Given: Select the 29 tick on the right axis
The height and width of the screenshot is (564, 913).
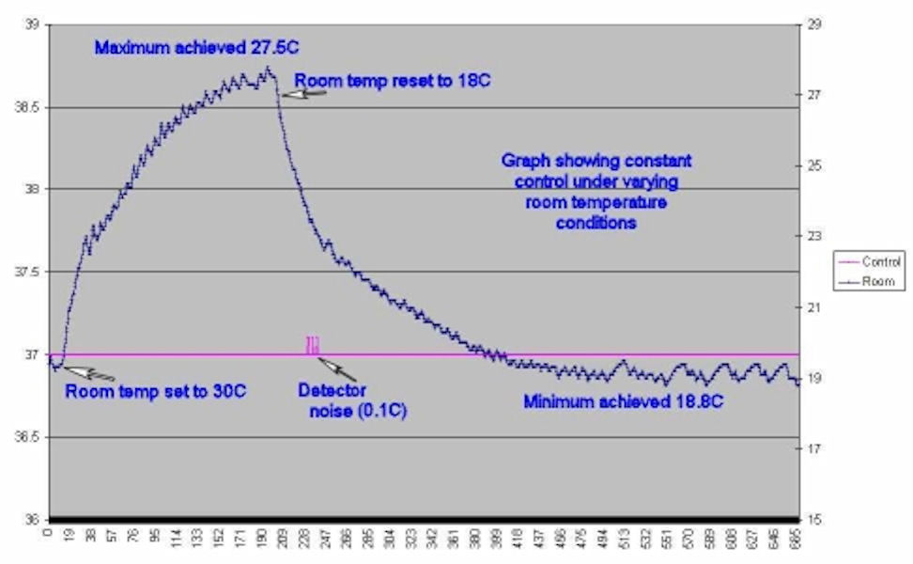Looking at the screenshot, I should tap(813, 25).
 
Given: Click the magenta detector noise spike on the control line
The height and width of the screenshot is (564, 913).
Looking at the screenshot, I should tap(312, 346).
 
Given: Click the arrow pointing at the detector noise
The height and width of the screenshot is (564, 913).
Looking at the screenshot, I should tap(333, 365).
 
